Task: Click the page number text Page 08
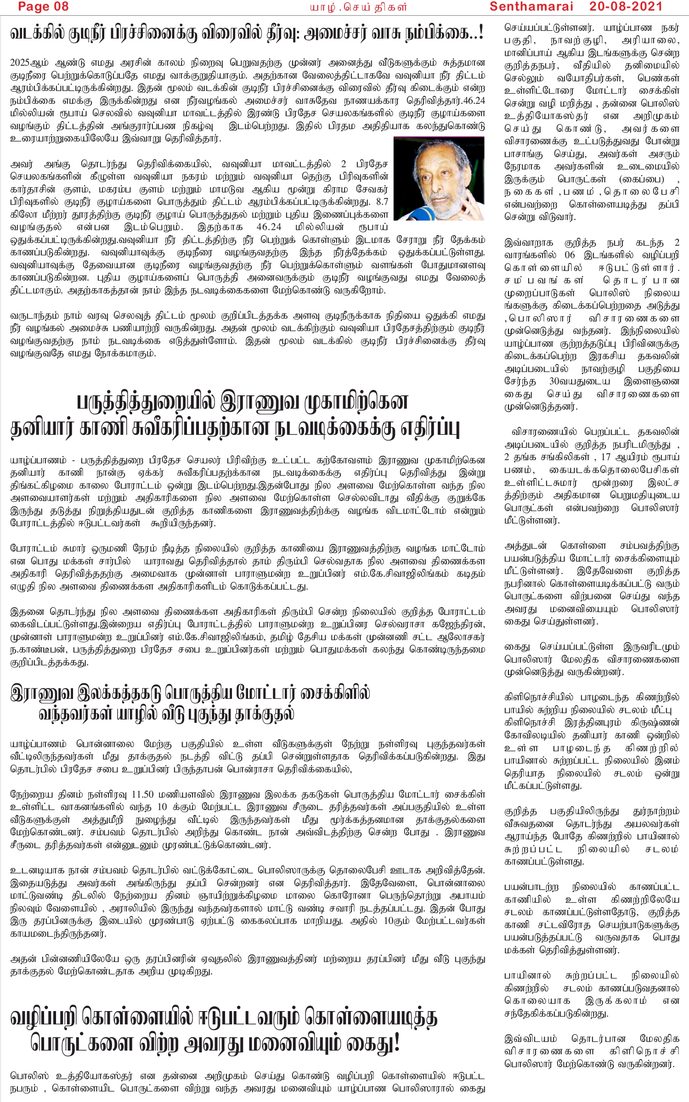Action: (x=43, y=6)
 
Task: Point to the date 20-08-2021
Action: (x=626, y=6)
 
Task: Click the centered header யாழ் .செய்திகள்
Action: (x=358, y=7)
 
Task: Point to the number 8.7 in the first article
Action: (x=382, y=202)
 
